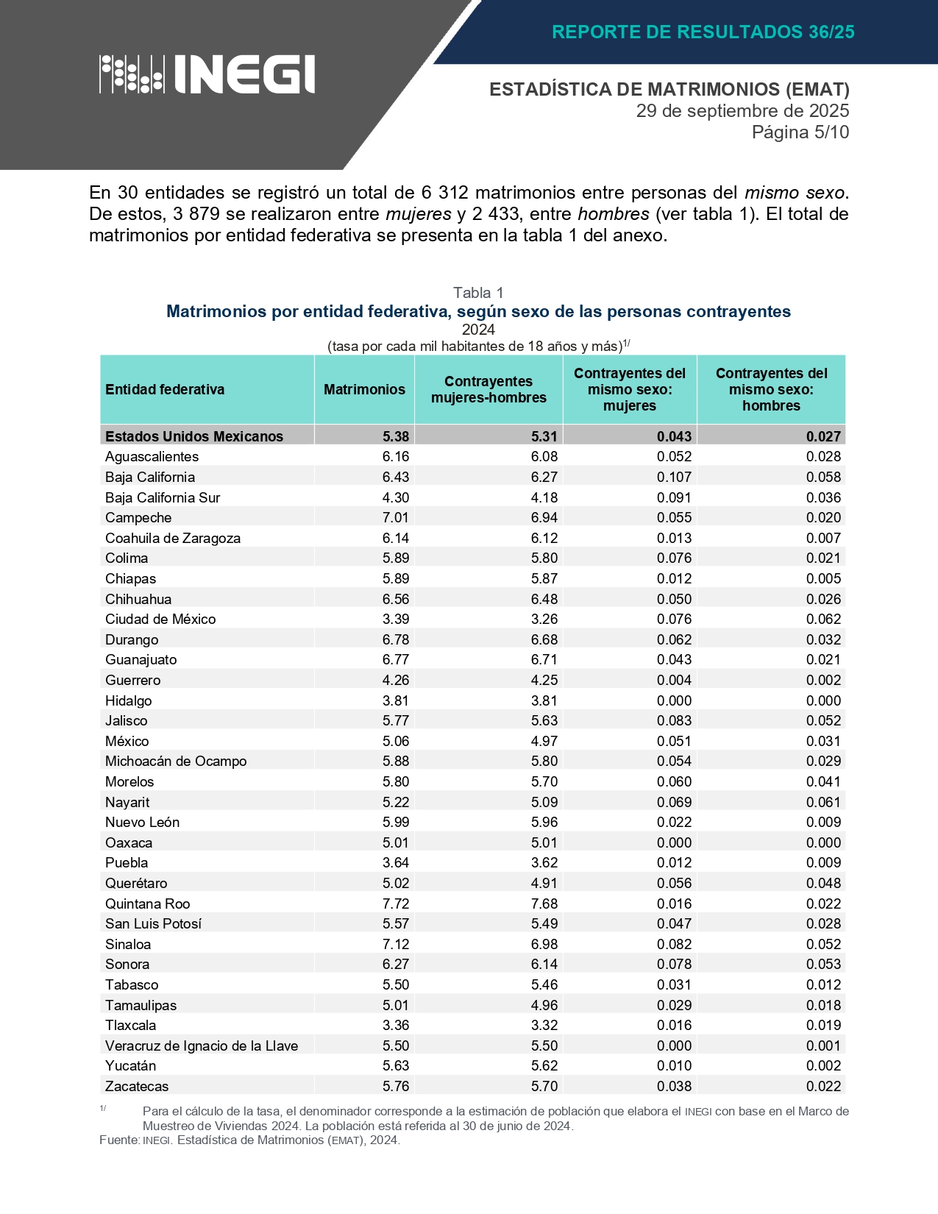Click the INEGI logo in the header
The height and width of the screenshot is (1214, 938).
click(207, 74)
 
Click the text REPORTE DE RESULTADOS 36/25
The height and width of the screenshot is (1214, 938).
click(703, 32)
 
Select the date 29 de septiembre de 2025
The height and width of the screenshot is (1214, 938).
click(742, 111)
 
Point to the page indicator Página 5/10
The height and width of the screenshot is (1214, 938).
click(800, 132)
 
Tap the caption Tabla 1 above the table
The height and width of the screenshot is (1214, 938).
click(478, 293)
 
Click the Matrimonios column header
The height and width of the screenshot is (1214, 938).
click(364, 390)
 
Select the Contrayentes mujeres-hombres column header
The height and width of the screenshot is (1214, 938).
click(488, 390)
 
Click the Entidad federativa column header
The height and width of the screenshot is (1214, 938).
click(165, 390)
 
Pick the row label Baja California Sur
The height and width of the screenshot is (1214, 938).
click(163, 497)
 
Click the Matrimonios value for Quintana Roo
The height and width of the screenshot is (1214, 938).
click(396, 904)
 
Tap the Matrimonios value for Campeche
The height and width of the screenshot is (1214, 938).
click(396, 518)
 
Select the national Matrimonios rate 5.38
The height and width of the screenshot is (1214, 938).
click(396, 436)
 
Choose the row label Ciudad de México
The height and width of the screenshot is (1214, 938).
click(160, 620)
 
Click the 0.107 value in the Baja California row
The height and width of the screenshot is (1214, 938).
click(674, 478)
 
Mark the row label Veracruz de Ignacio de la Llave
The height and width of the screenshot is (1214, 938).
click(202, 1046)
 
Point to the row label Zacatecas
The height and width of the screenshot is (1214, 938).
click(137, 1086)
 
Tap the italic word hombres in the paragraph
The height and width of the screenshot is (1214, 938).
click(613, 214)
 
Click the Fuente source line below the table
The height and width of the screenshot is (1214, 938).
click(249, 1140)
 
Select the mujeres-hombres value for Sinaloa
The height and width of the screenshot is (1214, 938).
click(544, 944)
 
